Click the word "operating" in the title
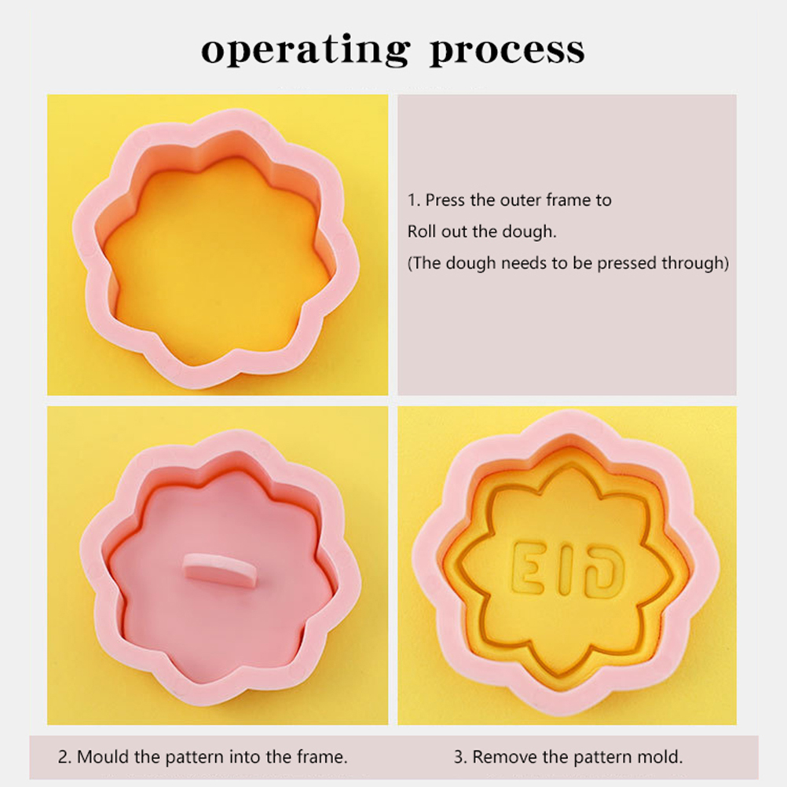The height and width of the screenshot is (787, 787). click(306, 51)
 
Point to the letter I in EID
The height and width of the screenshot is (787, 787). click(560, 569)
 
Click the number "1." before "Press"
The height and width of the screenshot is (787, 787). click(414, 200)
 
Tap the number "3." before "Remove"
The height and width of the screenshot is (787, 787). click(461, 756)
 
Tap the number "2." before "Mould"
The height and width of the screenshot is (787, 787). click(64, 756)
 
